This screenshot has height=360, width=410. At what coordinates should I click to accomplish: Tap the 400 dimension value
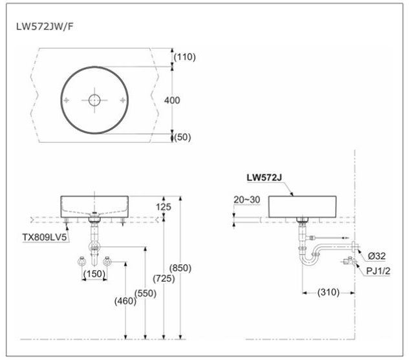[173, 100]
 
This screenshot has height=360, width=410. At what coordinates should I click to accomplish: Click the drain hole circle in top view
[95, 100]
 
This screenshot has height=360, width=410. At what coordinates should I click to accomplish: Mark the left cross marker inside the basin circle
[66, 100]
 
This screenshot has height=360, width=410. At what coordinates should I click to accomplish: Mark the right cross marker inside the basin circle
[124, 100]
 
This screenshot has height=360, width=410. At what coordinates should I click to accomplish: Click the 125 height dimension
[164, 207]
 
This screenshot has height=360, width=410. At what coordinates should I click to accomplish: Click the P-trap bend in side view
[309, 258]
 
